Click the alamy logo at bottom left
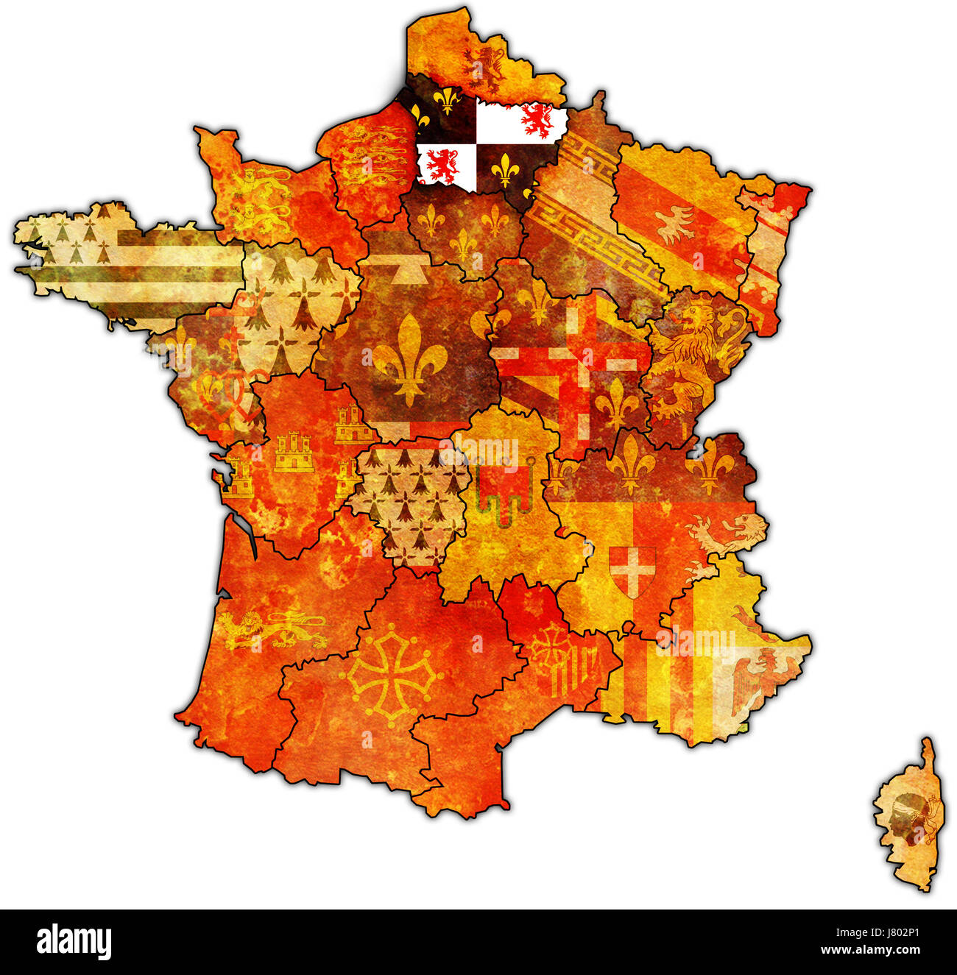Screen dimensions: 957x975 click(74, 942)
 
